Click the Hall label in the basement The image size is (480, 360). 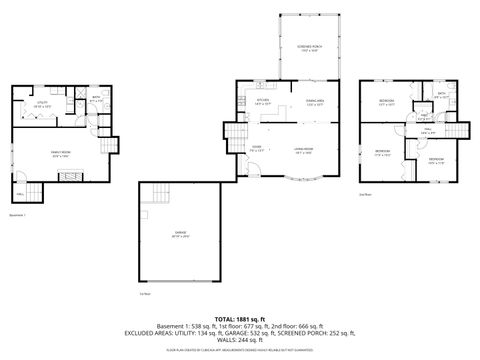click(20, 193)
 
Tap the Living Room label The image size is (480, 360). click(303, 151)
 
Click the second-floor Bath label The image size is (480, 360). click(441, 96)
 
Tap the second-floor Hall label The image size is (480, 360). click(428, 131)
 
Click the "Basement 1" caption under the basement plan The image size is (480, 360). click(17, 214)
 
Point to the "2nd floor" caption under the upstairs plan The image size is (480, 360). click(366, 194)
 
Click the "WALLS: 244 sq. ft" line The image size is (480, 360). click(240, 340)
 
